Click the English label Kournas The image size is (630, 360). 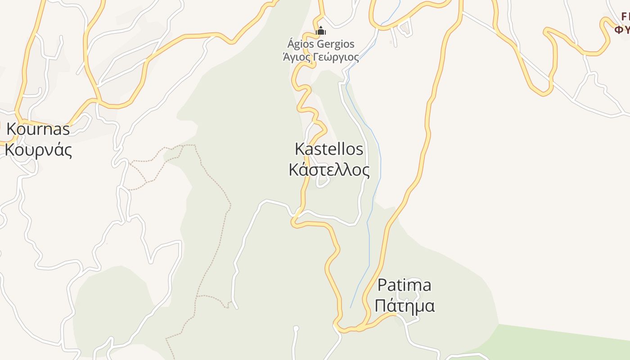click(x=38, y=130)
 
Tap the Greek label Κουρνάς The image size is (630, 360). click(x=38, y=150)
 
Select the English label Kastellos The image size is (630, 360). click(x=329, y=149)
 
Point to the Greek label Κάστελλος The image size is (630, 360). click(x=329, y=170)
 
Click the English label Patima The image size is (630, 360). click(x=404, y=285)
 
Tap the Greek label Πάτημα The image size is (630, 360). click(x=405, y=306)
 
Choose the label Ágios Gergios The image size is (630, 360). click(x=321, y=44)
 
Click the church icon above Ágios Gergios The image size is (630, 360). click(x=321, y=31)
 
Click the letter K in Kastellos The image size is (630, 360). click(x=299, y=149)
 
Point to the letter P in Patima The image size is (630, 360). click(x=382, y=285)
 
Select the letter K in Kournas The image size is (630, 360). click(x=11, y=130)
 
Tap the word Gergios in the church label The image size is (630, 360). click(x=336, y=44)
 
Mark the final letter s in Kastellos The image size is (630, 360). click(x=360, y=149)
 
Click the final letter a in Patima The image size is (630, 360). click(x=427, y=285)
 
